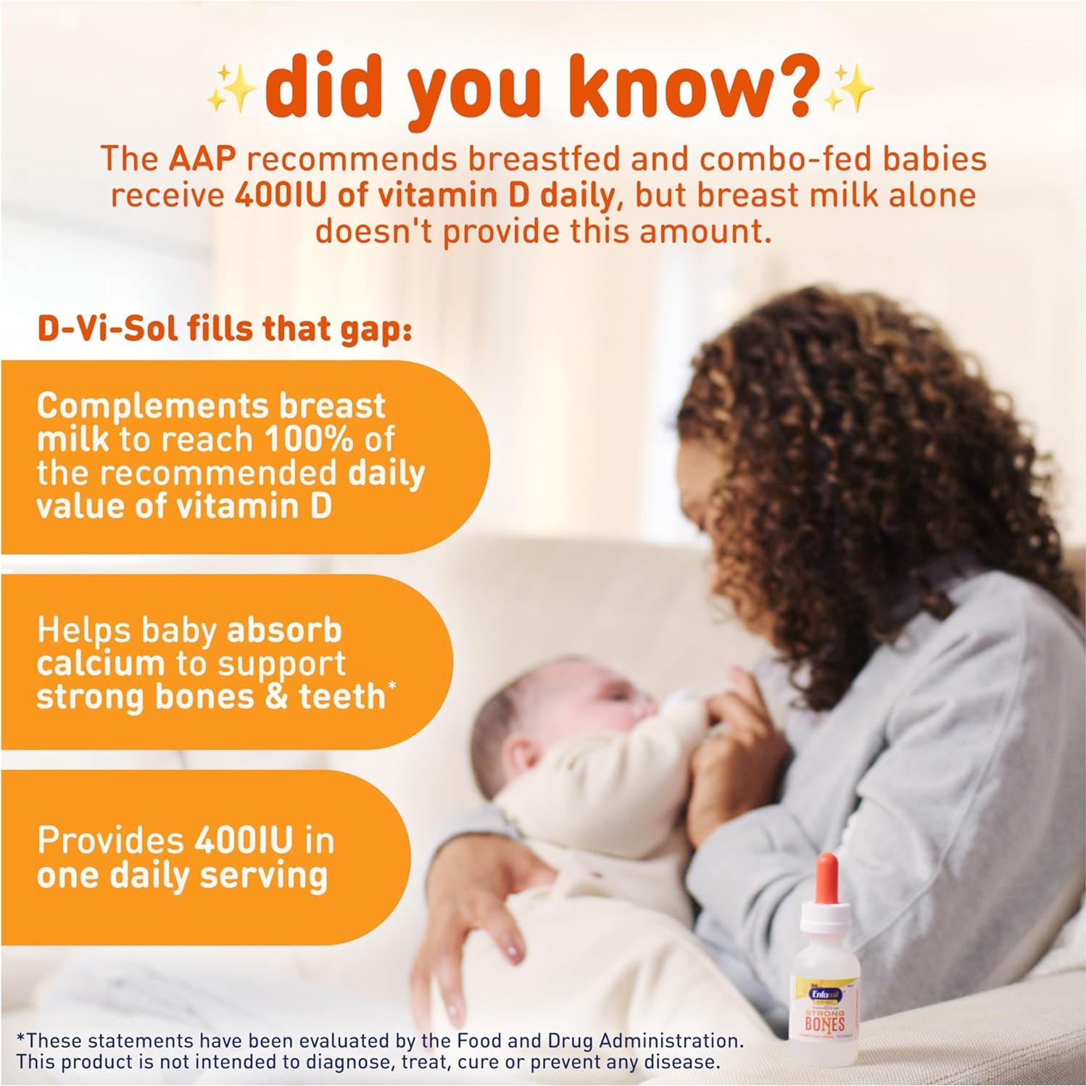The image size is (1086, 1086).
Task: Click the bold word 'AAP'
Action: pyautogui.click(x=202, y=159)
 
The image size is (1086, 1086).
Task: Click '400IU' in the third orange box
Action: pyautogui.click(x=244, y=841)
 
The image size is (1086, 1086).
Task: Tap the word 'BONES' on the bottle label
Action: pyautogui.click(x=824, y=1023)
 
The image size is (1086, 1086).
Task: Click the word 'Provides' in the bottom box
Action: pyautogui.click(x=110, y=841)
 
